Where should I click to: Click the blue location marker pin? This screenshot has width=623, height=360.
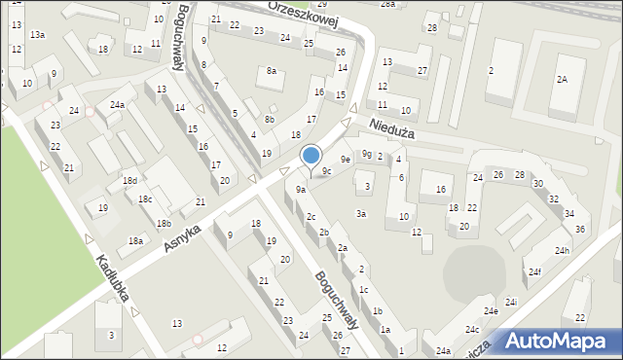pos(311,156)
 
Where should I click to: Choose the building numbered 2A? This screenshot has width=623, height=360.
pos(562,79)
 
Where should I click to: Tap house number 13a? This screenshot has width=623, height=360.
pos(37,35)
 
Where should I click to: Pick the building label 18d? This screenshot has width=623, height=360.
pos(129,181)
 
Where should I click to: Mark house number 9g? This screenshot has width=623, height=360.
pos(367,153)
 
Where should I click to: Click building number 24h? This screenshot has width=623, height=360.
pos(562,250)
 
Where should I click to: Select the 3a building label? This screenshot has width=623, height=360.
pos(361,213)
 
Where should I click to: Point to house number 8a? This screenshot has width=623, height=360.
pos(273,71)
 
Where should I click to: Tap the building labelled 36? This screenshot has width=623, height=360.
pos(581,229)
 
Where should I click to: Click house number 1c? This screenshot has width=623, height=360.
pos(363,289)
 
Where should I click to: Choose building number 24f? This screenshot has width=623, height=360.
pos(535,271)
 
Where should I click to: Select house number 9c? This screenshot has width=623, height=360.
pos(328,171)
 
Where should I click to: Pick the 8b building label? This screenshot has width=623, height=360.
pos(270,120)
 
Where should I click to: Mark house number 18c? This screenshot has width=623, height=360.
pos(145,199)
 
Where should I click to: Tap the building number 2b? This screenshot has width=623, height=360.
pos(323,232)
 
